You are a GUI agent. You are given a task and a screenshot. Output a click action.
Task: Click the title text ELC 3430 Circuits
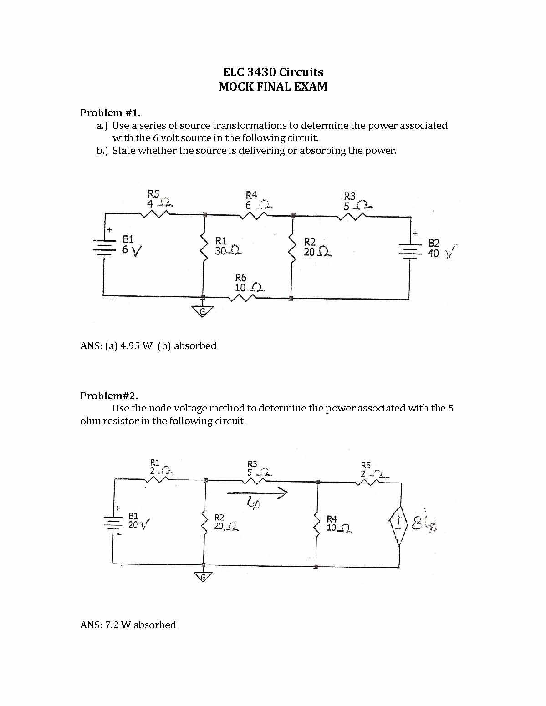(x=273, y=72)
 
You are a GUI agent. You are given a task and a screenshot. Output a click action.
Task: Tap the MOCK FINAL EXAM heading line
(x=273, y=86)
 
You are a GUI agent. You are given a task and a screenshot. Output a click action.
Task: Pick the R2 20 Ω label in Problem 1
(x=316, y=247)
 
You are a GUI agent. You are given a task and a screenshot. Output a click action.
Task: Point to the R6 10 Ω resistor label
(x=248, y=283)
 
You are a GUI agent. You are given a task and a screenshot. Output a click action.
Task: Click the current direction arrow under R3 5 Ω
(x=258, y=492)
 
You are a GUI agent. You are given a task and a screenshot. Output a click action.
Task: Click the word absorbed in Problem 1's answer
(x=195, y=345)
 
